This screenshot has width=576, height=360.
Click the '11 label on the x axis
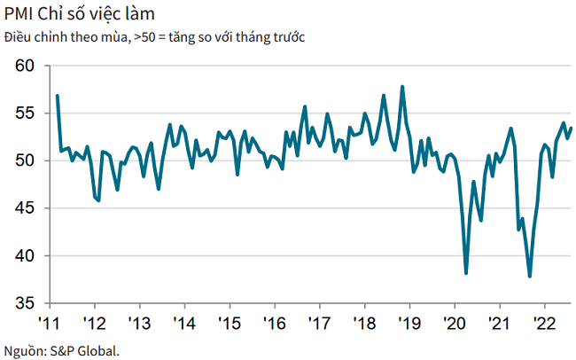tap(51, 322)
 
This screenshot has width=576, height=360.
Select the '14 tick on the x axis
tap(184, 322)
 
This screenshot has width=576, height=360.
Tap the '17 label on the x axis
tap(319, 322)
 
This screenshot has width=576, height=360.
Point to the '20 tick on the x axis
tap(455, 322)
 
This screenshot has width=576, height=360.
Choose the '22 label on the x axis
tap(544, 322)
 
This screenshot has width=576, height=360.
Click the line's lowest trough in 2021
tap(530, 277)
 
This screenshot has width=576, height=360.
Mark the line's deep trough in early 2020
tap(466, 273)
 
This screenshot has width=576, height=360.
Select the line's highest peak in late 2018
tap(403, 86)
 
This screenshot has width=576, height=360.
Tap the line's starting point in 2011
tap(57, 95)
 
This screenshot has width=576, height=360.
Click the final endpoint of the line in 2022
tap(571, 128)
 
